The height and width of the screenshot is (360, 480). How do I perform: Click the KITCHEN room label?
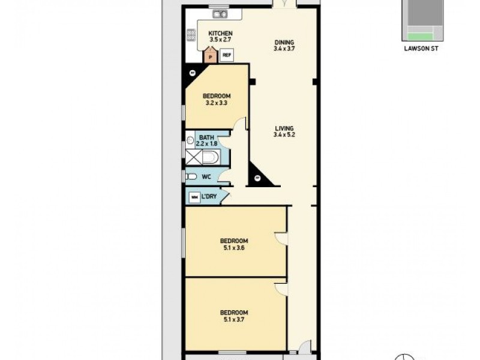click(220, 33)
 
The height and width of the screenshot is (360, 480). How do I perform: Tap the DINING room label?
click(284, 42)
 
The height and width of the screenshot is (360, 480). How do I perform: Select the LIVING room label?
click(284, 128)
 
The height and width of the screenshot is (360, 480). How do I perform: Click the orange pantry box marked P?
click(210, 56)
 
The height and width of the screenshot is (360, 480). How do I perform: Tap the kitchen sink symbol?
click(219, 13)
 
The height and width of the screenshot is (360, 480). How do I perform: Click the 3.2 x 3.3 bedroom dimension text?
click(216, 103)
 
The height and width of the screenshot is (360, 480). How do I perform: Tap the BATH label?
click(206, 137)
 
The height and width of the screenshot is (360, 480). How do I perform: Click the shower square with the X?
click(194, 158)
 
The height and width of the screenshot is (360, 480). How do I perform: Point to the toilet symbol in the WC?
click(191, 176)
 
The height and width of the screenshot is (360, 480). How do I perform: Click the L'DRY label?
click(209, 196)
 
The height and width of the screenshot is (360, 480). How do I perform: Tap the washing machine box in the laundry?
click(194, 197)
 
